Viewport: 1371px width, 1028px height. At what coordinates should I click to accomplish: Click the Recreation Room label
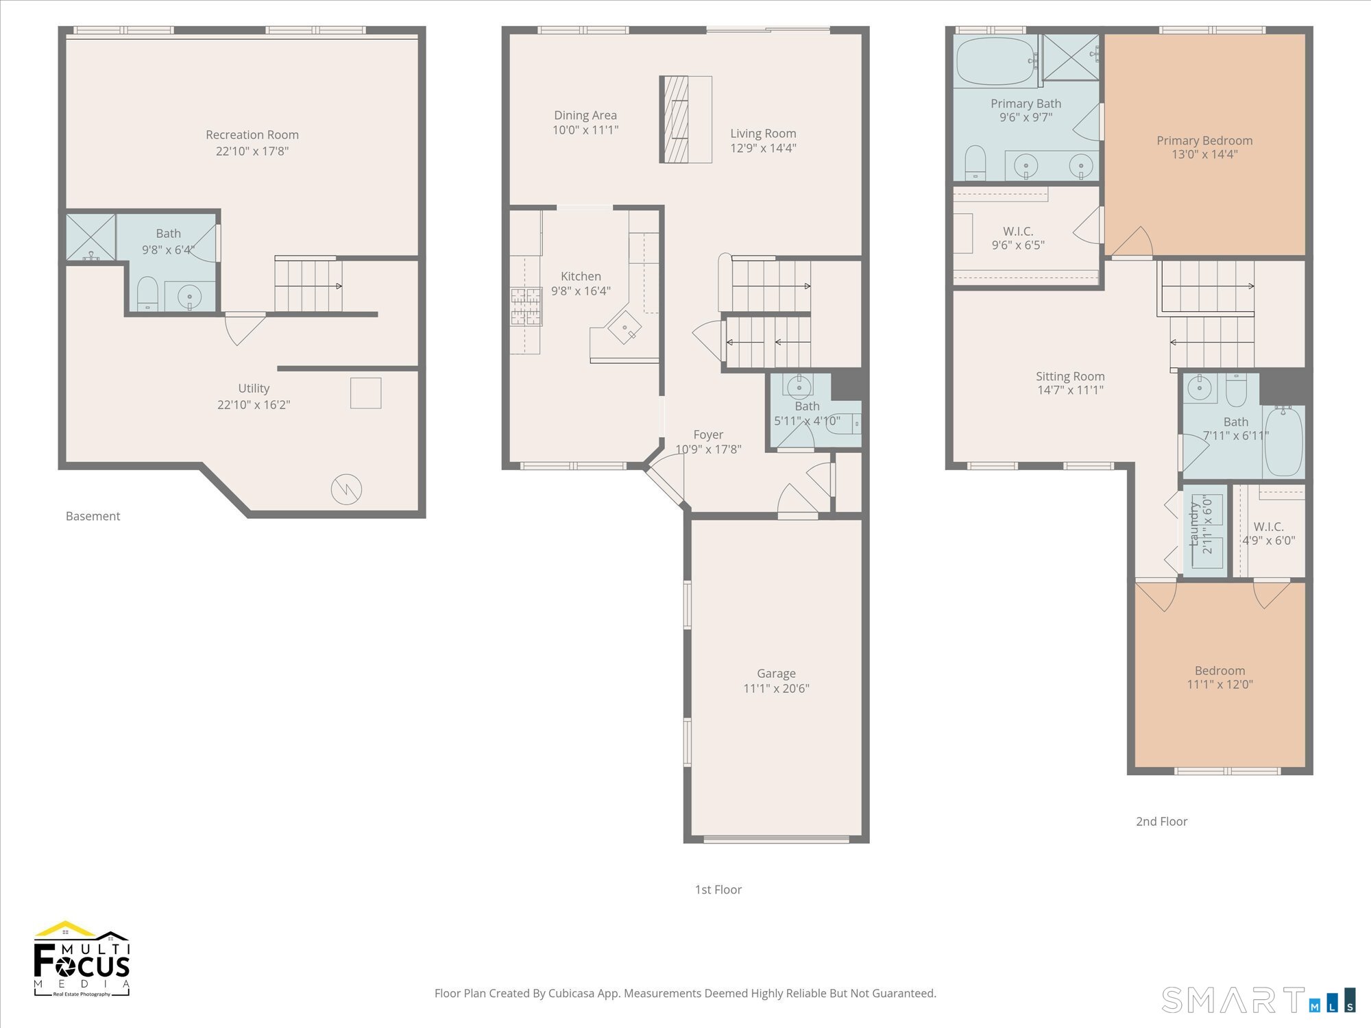[x=252, y=135]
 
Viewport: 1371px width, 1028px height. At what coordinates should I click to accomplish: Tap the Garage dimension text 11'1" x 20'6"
[x=776, y=689]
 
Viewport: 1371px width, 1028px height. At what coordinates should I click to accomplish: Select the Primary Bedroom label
[x=1204, y=140]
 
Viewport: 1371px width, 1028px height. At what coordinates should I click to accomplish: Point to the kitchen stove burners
[x=526, y=306]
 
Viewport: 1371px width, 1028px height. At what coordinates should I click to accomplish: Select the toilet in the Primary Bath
[x=975, y=162]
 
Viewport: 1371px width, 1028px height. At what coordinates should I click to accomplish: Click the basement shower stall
[x=90, y=237]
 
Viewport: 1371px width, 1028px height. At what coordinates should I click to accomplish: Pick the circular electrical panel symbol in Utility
[x=346, y=489]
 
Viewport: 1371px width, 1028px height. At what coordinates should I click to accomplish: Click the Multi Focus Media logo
[x=82, y=959]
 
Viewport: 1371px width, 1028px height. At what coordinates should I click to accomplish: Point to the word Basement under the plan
[x=93, y=516]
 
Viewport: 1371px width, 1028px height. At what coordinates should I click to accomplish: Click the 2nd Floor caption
[x=1161, y=821]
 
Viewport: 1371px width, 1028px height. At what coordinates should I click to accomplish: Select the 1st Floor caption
[x=718, y=890]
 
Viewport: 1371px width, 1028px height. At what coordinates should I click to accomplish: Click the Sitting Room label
[x=1070, y=376]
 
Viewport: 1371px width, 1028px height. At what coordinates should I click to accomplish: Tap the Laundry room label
[x=1193, y=524]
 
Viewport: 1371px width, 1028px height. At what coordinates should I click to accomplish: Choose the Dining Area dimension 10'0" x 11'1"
[x=585, y=130]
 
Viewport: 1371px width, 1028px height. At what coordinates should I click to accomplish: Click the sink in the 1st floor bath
[x=799, y=388]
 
